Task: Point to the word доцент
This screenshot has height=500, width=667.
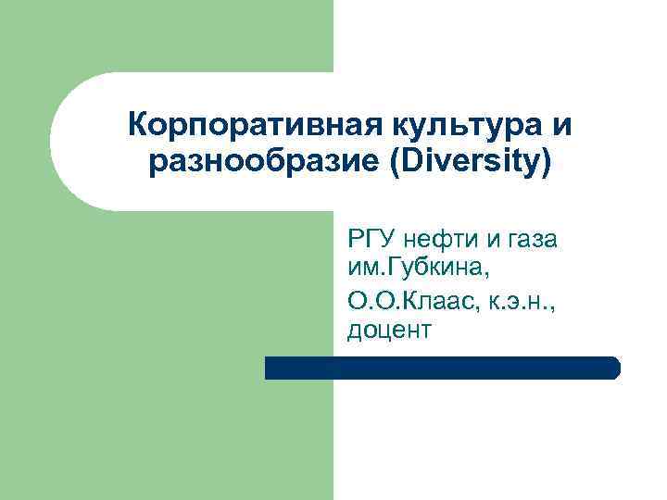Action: coord(390,329)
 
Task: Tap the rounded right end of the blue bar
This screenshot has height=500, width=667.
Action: coord(613,368)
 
